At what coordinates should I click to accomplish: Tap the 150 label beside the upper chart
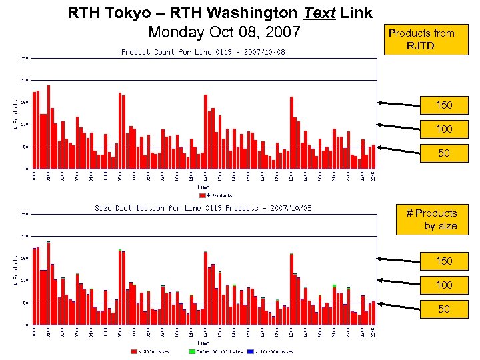443,105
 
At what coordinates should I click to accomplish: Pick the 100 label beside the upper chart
443,129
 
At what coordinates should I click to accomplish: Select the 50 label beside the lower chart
443,309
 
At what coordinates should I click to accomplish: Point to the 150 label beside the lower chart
443,261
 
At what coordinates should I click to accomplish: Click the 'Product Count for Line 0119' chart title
203,52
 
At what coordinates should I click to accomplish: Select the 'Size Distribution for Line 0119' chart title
203,208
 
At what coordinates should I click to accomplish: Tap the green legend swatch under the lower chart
192,351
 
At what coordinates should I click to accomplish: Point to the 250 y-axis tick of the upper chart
24,58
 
